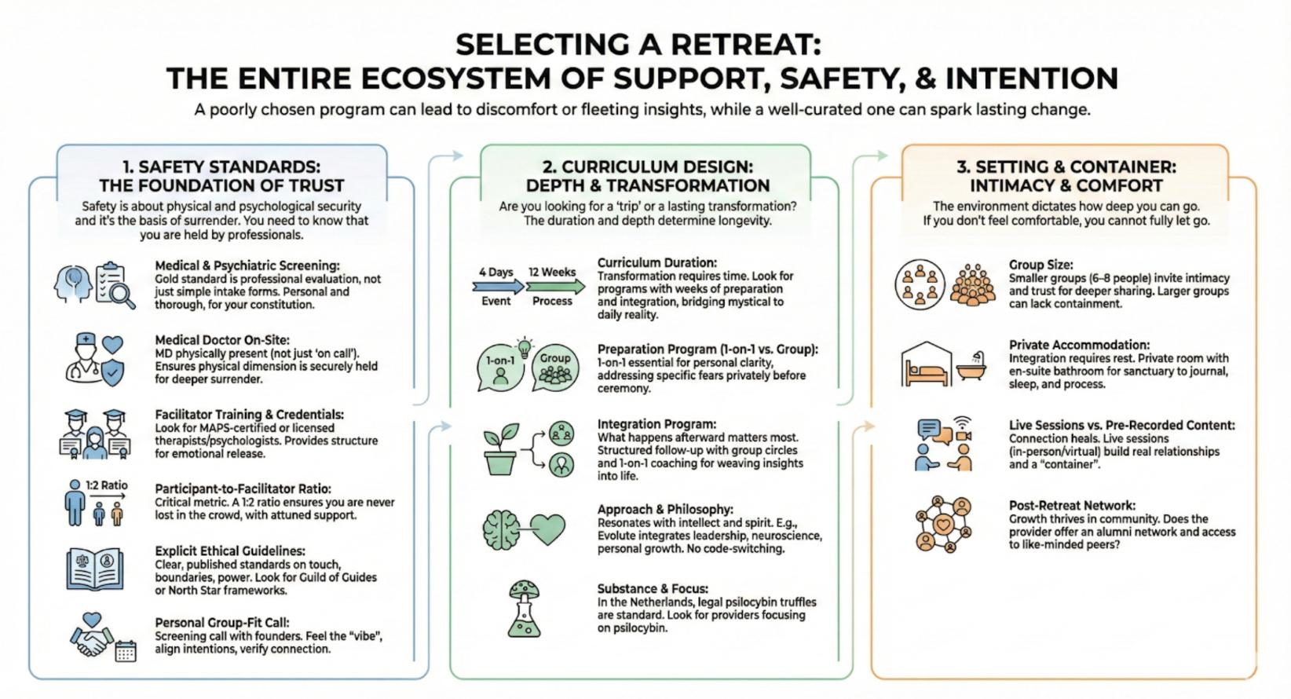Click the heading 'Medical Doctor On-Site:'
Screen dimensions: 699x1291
click(222, 340)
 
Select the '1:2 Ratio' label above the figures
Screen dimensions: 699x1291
click(107, 485)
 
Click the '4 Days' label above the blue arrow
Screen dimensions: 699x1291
click(496, 272)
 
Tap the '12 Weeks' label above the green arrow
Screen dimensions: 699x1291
click(552, 272)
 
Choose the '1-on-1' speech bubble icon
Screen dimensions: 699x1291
click(500, 368)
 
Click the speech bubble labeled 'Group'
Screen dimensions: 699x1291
click(555, 367)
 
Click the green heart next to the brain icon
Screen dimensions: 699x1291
click(547, 529)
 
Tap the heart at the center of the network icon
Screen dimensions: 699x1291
click(943, 524)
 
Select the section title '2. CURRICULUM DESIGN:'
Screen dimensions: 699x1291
click(647, 167)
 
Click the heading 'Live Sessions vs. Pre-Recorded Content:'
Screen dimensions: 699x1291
click(1121, 426)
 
